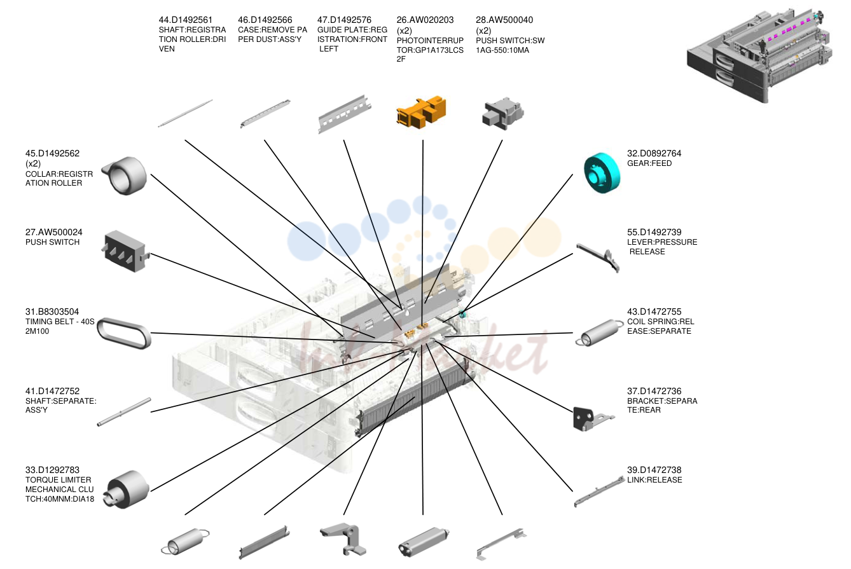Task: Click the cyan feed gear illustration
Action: point(602,173)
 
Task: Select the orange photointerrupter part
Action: point(421,112)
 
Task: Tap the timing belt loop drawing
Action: point(124,333)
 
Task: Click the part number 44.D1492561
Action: point(185,20)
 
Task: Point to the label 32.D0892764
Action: point(654,153)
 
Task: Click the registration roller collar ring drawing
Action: point(125,175)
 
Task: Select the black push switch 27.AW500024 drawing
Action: point(125,251)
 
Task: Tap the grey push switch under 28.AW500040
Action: point(503,114)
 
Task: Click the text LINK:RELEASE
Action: point(654,480)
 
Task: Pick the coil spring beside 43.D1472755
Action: point(600,332)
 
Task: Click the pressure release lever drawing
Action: point(598,257)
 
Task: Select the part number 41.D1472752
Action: point(52,391)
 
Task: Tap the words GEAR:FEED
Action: point(649,163)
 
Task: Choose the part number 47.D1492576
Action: point(344,20)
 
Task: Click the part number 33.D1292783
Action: point(52,470)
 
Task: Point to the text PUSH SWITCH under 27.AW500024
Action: point(52,242)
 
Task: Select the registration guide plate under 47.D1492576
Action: point(344,114)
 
